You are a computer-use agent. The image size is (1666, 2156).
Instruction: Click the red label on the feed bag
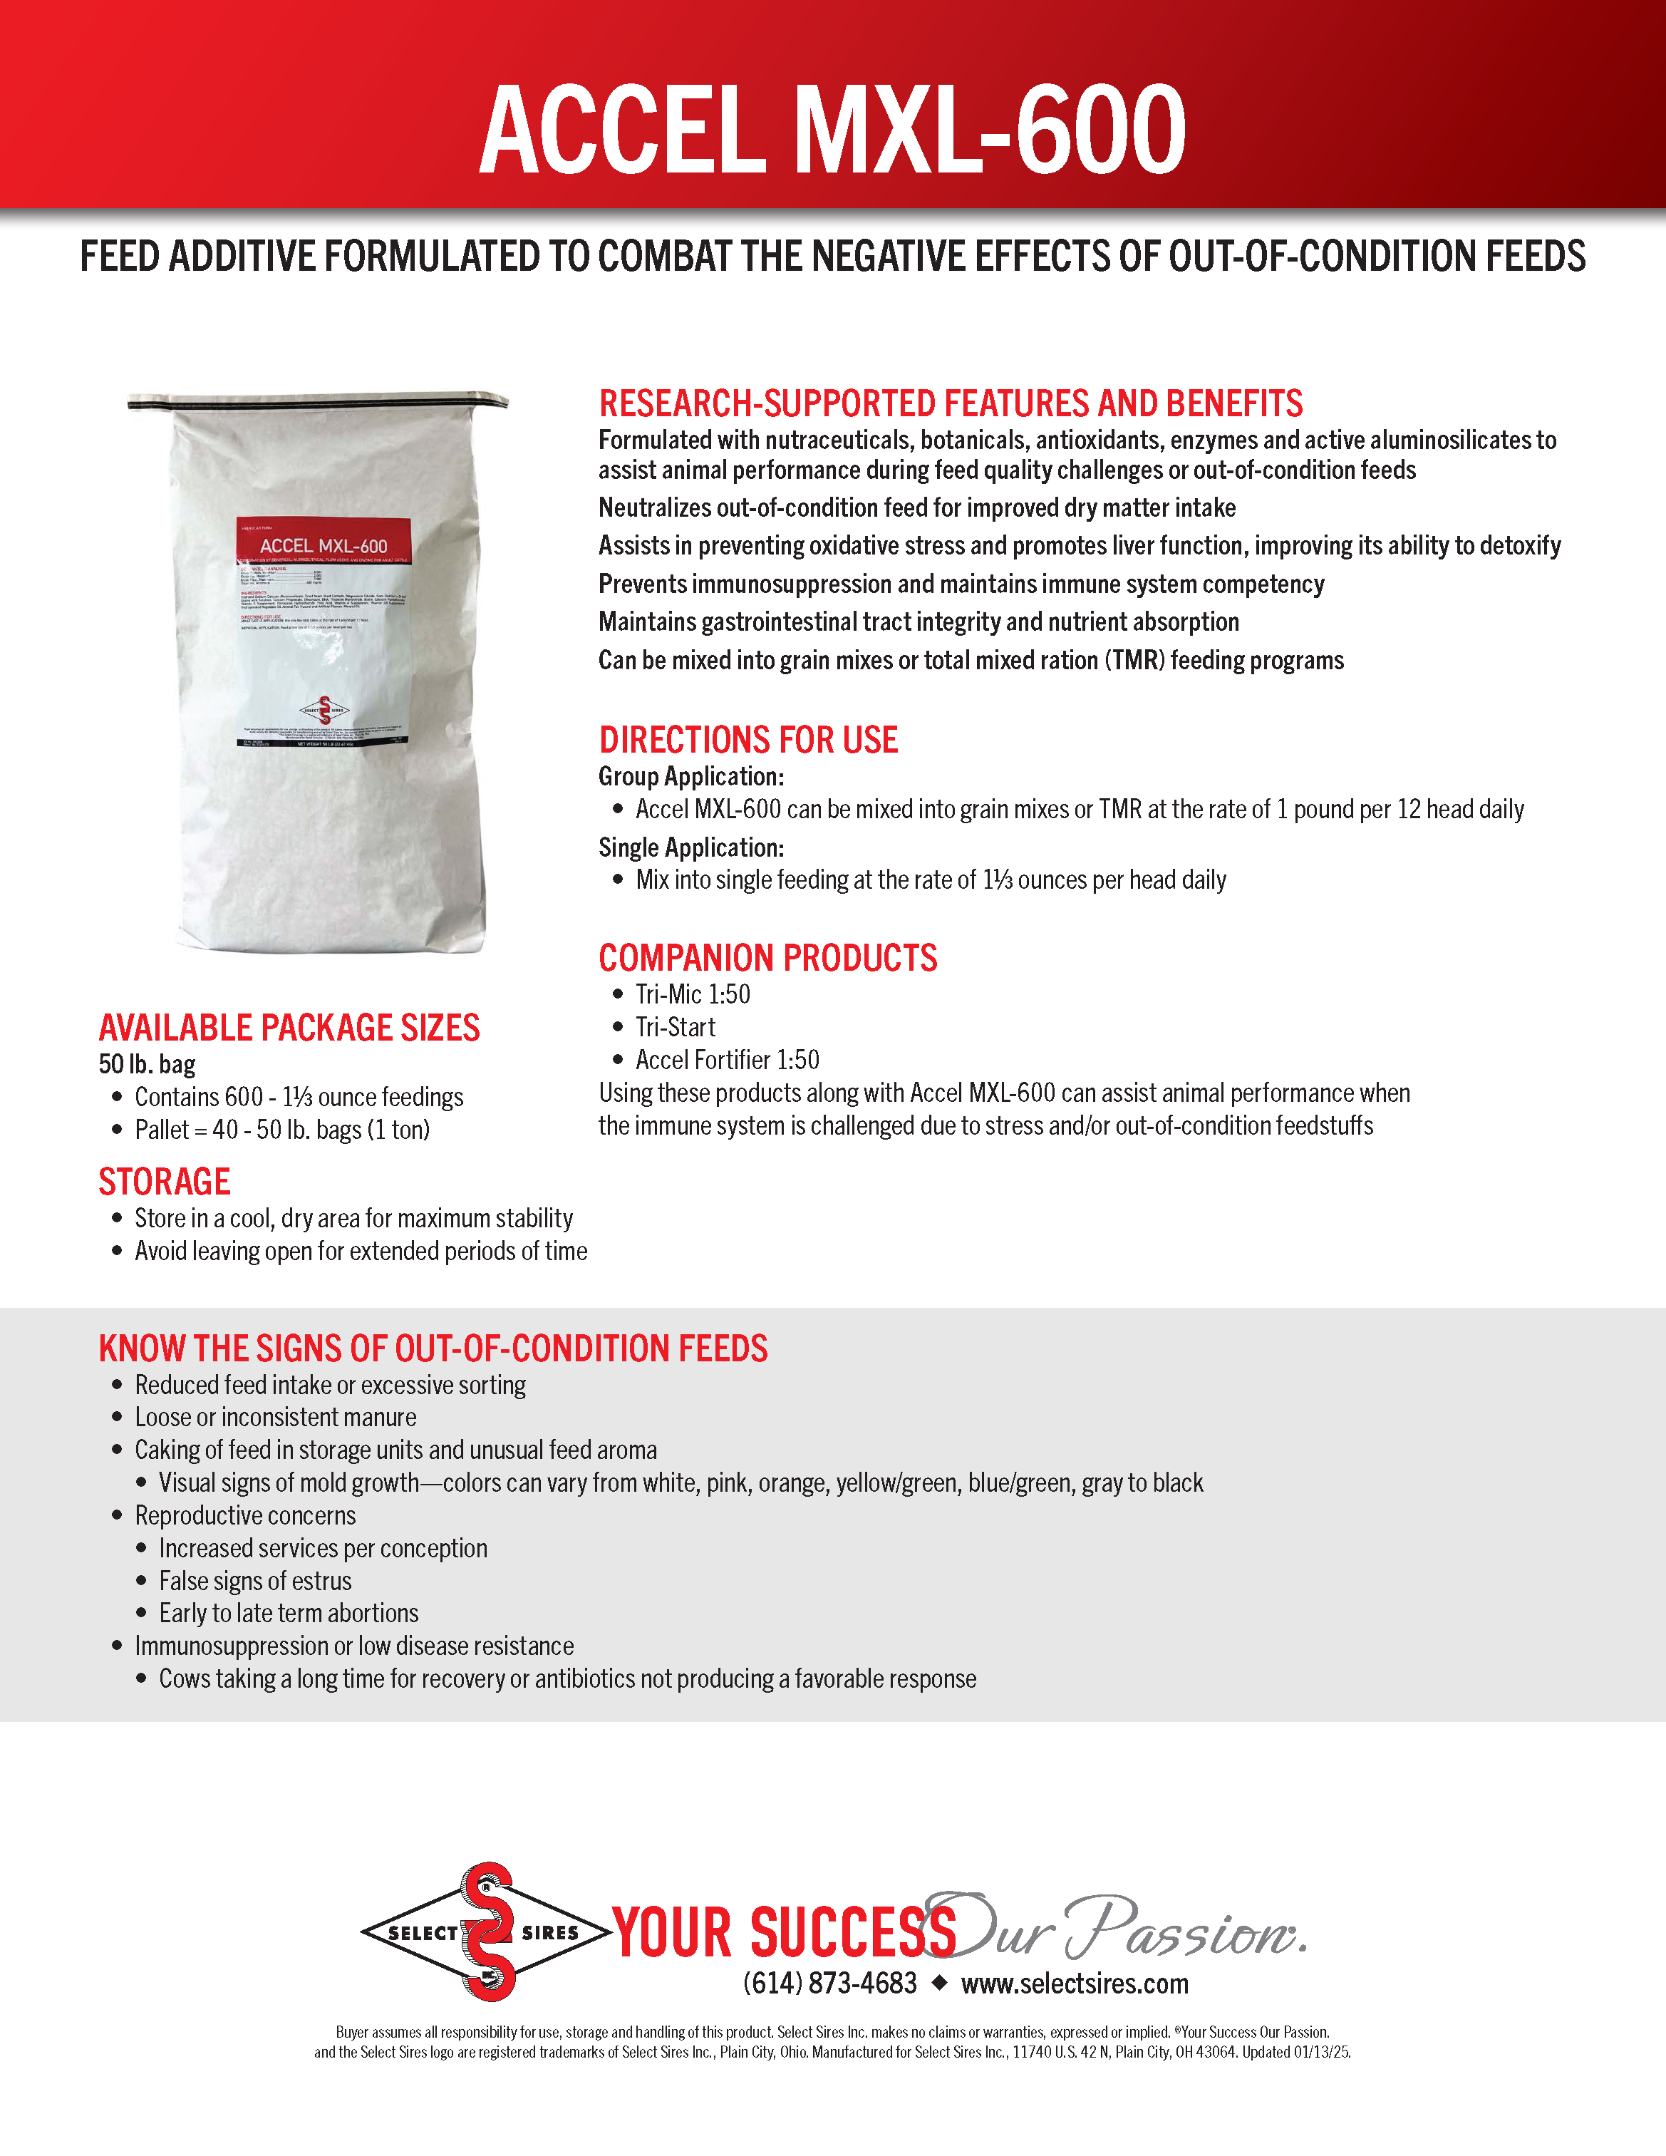point(323,540)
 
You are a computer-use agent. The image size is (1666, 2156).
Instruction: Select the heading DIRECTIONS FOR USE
point(748,741)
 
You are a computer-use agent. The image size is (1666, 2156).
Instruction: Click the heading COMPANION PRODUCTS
point(768,959)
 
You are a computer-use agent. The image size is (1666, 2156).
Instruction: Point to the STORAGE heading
point(164,1182)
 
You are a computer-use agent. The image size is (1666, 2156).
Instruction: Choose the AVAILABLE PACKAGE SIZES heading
point(289,1028)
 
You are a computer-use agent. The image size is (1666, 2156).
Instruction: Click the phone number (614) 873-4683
point(830,1984)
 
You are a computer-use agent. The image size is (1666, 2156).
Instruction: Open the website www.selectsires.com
point(1075,1984)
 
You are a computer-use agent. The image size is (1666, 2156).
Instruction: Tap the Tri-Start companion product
point(675,1028)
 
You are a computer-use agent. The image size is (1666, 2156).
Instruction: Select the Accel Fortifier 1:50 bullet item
point(728,1061)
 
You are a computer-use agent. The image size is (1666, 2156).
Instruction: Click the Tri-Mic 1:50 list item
point(693,994)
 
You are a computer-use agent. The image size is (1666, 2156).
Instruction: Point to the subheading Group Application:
point(691,777)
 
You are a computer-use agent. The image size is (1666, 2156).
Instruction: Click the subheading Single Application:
point(691,848)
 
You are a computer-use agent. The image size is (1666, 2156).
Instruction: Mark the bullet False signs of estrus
point(254,1582)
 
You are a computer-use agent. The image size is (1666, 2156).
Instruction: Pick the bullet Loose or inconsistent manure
point(275,1418)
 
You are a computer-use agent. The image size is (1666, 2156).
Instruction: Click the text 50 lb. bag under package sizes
point(147,1064)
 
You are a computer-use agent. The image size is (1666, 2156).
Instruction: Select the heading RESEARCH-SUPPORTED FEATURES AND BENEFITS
point(951,403)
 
